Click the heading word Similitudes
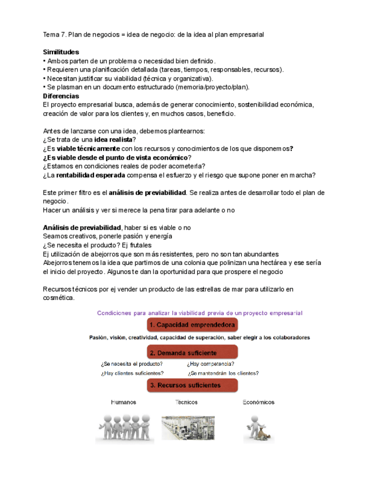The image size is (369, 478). [x=61, y=52]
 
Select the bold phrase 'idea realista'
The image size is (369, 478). [x=113, y=140]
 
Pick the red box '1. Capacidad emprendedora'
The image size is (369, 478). [x=192, y=325]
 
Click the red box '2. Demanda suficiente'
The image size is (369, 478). [x=192, y=352]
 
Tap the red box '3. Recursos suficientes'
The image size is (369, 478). [x=192, y=385]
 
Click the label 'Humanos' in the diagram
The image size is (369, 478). [x=123, y=402]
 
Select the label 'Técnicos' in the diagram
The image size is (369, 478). [x=186, y=402]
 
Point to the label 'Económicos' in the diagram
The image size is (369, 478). [x=259, y=402]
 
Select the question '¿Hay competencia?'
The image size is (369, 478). [x=211, y=364]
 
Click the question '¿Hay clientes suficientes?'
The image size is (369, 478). [x=132, y=373]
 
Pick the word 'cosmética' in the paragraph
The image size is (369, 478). [x=58, y=298]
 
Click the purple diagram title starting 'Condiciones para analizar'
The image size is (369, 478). [x=200, y=312]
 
